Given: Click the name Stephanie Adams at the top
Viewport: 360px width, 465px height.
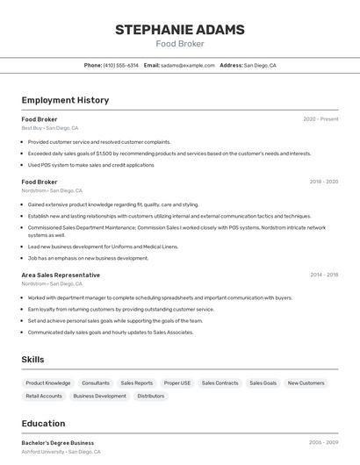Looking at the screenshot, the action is [x=180, y=30].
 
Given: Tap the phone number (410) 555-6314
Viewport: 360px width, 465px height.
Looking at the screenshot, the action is [x=120, y=65].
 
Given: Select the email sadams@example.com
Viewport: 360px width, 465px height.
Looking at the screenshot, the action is [x=188, y=65].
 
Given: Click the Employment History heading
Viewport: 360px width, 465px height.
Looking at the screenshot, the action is [x=65, y=100].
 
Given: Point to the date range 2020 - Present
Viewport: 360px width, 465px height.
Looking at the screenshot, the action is [x=320, y=119].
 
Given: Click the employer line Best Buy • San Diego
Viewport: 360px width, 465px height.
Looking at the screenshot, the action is [x=50, y=128].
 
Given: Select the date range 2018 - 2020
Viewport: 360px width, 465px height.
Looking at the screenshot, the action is [x=323, y=182].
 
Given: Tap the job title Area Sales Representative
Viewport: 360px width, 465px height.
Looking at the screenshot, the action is [x=61, y=275].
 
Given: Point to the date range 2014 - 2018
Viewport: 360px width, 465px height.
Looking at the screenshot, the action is [x=323, y=275].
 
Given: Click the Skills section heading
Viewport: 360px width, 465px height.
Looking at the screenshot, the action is [x=33, y=360].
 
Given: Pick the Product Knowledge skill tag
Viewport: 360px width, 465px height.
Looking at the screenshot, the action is [x=48, y=383].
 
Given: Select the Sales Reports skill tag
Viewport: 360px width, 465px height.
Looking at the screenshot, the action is [x=136, y=383].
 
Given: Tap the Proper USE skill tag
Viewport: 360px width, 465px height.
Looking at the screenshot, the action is [x=177, y=383].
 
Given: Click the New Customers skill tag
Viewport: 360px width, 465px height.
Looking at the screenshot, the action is [x=306, y=383].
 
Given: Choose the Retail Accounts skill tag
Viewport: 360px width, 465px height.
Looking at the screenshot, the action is [x=44, y=396].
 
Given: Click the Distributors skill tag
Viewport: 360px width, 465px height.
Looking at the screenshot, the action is [x=151, y=396].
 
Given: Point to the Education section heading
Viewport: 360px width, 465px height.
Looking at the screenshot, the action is [x=43, y=423].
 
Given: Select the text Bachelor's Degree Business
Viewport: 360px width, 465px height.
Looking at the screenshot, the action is [x=58, y=443].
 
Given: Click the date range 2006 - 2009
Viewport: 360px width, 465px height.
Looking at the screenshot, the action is [x=323, y=443].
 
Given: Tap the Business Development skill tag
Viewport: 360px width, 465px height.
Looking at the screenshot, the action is [x=99, y=396].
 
